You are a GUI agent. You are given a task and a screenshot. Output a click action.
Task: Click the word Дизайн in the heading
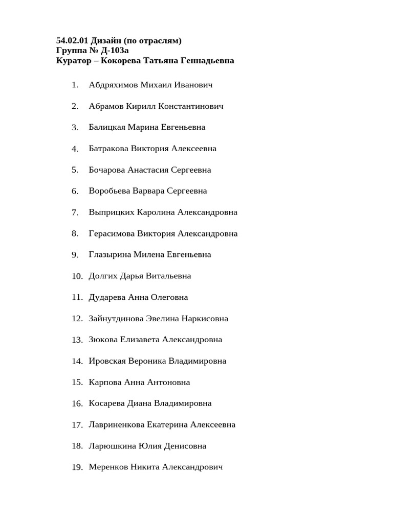[105, 40]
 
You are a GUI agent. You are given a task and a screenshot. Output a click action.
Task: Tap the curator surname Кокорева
[121, 61]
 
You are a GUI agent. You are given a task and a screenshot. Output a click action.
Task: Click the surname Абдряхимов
[114, 85]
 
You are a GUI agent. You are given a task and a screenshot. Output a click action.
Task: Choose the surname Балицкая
[107, 127]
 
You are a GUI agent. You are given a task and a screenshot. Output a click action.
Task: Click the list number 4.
[75, 149]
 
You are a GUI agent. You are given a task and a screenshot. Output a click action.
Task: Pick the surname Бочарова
[107, 170]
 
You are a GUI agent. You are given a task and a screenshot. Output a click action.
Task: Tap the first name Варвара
[148, 191]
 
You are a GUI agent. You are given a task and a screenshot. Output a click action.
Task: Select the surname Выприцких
[112, 212]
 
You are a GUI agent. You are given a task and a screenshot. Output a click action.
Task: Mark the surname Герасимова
[112, 233]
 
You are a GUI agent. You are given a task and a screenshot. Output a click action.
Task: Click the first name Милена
[149, 254]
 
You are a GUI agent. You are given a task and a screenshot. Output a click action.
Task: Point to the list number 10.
[77, 276]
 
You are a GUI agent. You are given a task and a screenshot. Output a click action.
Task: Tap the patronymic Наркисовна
[205, 319]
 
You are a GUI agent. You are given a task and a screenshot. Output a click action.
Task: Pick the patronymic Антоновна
[168, 382]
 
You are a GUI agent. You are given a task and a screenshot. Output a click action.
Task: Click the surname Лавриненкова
[117, 424]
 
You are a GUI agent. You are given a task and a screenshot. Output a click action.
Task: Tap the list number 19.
[77, 467]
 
